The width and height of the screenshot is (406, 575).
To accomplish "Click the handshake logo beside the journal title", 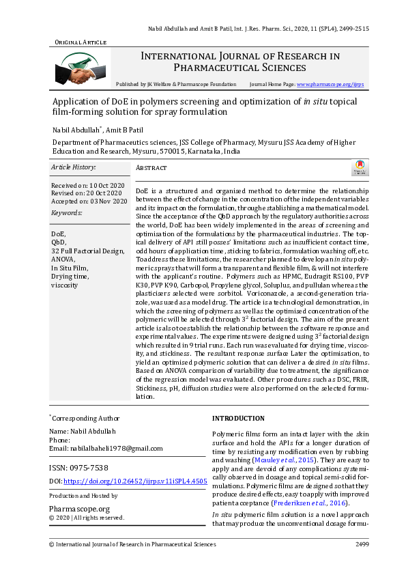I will point(80,69).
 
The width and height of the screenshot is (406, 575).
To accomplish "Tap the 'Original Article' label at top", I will point(81,42).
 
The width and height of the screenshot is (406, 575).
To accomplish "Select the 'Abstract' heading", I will point(151,168).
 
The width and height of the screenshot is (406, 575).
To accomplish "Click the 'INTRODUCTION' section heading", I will point(238,418).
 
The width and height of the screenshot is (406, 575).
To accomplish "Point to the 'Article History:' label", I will point(74,167).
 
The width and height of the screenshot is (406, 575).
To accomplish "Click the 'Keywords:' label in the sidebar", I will point(66,213).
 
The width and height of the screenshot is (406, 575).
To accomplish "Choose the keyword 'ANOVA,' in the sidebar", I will point(63,260).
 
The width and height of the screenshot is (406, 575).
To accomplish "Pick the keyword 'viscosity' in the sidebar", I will point(65,285).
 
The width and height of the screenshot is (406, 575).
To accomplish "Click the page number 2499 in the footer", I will point(362,544).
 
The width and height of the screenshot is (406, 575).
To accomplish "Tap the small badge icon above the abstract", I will point(359,168).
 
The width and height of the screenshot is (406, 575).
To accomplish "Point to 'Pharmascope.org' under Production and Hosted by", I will point(80,509).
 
